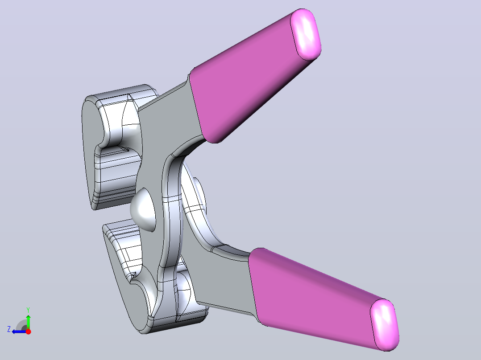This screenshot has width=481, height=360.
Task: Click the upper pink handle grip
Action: coord(252,80)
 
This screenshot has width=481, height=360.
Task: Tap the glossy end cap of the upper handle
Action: coord(306,34)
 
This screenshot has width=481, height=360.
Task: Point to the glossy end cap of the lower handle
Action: coord(385,325)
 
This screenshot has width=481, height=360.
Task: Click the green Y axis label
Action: coord(28,310)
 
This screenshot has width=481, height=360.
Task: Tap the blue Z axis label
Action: coord(9,329)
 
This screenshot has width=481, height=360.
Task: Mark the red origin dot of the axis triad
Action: coord(28,331)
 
